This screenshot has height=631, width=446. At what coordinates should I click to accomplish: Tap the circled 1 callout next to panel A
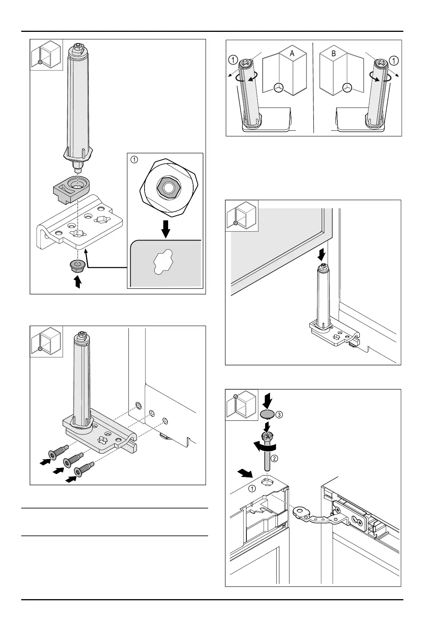point(233,60)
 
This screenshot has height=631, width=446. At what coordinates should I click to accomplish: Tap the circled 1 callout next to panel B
point(394,60)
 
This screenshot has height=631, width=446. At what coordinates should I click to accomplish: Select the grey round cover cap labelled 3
point(267,414)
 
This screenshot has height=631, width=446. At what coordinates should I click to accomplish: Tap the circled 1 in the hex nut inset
point(134,159)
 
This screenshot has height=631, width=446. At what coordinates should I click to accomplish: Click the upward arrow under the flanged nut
point(78,282)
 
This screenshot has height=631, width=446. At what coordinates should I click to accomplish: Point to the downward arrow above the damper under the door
point(321,256)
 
